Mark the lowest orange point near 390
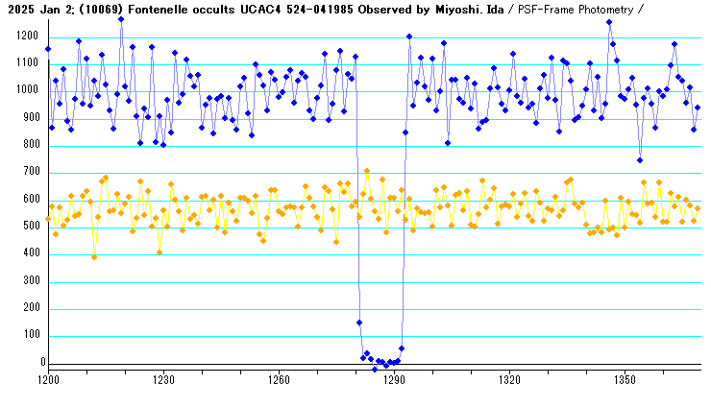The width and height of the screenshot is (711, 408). (94, 256)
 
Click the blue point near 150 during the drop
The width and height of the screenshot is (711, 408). (359, 323)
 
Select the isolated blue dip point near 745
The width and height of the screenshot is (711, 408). (640, 160)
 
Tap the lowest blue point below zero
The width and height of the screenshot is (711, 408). (375, 370)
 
